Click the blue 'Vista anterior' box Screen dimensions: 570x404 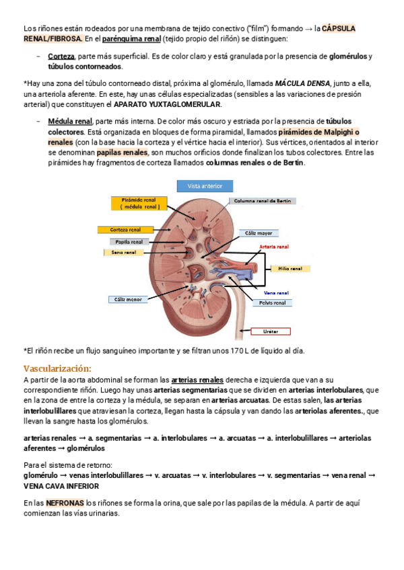coord(204,186)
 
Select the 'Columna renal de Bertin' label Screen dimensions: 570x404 coord(263,200)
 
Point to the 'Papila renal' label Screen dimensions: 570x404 coord(129,241)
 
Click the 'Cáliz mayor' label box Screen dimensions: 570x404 coord(258,233)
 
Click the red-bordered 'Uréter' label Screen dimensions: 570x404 coord(270,331)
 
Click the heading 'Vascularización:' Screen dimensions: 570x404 coord(57,368)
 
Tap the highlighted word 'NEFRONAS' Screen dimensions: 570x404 coord(65,502)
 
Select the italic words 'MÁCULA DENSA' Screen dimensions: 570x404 coord(303,83)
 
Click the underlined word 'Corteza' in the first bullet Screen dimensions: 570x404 coord(61,56)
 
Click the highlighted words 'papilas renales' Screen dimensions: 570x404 coord(121,153)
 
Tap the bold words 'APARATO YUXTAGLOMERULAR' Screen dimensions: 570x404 coord(167,104)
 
